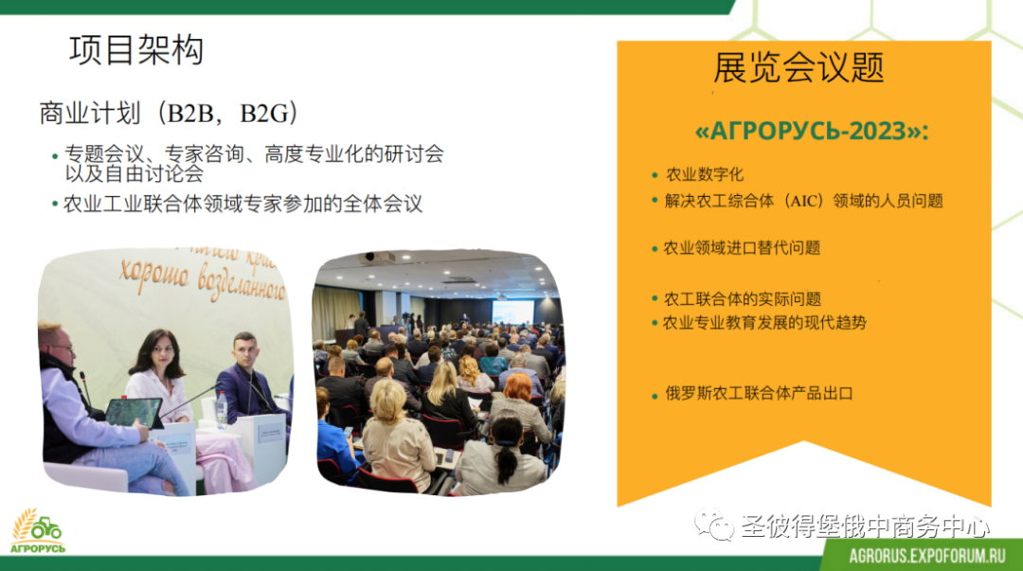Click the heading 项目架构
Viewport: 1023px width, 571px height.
click(136, 50)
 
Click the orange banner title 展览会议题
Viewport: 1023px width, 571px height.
click(799, 67)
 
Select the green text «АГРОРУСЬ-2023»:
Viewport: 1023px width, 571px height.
click(812, 132)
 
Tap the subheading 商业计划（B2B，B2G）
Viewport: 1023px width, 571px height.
click(169, 113)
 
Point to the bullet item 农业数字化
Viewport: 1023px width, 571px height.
click(704, 174)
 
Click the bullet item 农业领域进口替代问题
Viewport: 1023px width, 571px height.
click(741, 248)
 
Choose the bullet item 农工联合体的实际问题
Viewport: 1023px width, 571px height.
click(742, 299)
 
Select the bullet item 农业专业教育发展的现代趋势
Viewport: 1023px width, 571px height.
click(764, 322)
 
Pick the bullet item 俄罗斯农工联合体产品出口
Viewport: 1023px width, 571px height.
click(759, 394)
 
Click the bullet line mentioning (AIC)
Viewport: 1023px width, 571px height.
click(804, 201)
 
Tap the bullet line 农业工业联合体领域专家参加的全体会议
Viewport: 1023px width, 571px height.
click(242, 204)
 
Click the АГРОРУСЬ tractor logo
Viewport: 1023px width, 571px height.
click(37, 531)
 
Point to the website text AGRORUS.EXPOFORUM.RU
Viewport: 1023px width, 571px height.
click(927, 556)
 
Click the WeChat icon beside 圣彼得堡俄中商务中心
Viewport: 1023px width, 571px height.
click(714, 525)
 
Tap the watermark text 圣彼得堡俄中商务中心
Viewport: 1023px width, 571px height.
click(865, 526)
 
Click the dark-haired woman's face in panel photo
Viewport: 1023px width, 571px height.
click(161, 353)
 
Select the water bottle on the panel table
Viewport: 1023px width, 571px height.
click(222, 409)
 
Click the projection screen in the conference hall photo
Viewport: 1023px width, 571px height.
click(512, 312)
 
